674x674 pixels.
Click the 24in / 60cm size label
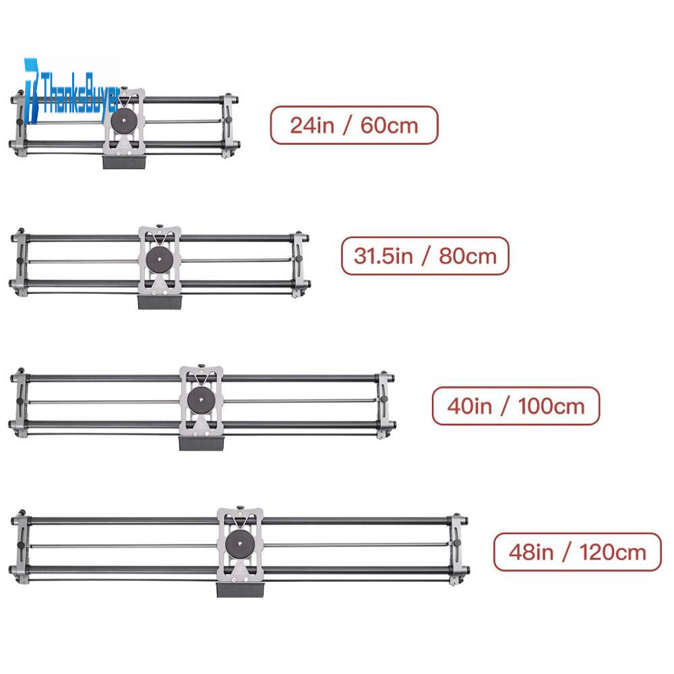coord(355,125)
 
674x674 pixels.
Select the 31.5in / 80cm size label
coord(425,255)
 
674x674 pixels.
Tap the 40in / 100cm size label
coord(516,406)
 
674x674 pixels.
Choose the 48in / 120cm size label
coord(578,552)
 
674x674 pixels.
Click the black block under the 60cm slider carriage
coord(125,162)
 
